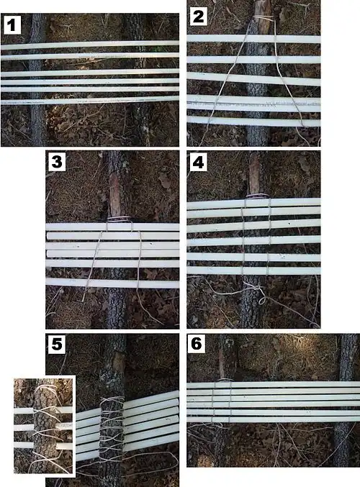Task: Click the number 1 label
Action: pos(12,25)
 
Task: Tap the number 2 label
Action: pos(198,17)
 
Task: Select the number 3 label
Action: pos(57,162)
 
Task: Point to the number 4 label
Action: pos(198,162)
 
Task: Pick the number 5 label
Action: pos(57,345)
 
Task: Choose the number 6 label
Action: pos(196,344)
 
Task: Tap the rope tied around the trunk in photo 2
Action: pos(264,18)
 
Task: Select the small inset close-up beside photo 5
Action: pos(45,426)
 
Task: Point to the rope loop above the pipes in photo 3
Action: pos(119,219)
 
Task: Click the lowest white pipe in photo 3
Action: pos(112,283)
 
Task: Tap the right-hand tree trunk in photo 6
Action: pos(348,400)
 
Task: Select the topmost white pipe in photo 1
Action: pos(90,45)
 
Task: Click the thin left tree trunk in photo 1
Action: pos(37,80)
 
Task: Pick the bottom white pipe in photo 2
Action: pos(253,122)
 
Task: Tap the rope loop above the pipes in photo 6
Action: pos(225,380)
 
